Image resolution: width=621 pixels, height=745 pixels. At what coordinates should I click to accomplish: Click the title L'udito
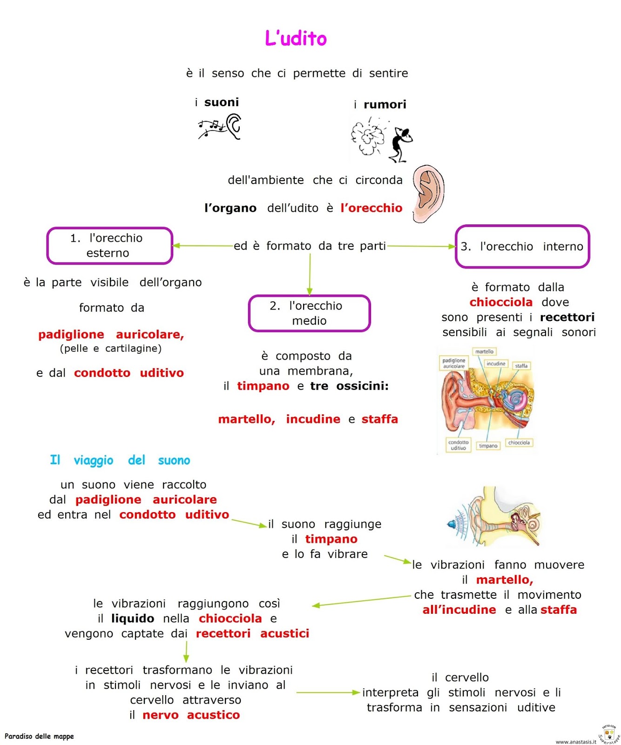pyautogui.click(x=296, y=38)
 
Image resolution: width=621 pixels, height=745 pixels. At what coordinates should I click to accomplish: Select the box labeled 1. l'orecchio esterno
pyautogui.click(x=109, y=245)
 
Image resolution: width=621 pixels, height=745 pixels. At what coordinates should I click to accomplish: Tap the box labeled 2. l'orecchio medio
pyautogui.click(x=309, y=313)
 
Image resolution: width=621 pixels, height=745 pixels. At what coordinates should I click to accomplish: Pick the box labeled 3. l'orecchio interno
pyautogui.click(x=522, y=246)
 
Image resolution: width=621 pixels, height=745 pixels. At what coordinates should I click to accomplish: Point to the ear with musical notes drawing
pyautogui.click(x=220, y=127)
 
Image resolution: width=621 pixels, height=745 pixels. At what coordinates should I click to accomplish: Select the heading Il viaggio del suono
pyautogui.click(x=120, y=460)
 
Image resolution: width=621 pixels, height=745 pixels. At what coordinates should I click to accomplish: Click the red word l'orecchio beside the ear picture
pyautogui.click(x=371, y=208)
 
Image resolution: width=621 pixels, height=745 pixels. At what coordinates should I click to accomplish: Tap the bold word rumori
pyautogui.click(x=385, y=104)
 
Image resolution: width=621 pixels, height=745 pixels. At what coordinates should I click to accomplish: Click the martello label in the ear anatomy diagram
pyautogui.click(x=484, y=352)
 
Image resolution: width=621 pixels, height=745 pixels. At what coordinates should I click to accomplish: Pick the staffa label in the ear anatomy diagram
pyautogui.click(x=521, y=366)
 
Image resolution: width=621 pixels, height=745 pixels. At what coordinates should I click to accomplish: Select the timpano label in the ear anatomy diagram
pyautogui.click(x=488, y=446)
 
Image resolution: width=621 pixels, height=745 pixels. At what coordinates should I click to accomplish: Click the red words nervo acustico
pyautogui.click(x=191, y=715)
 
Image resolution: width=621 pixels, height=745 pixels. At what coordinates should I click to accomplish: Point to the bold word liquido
pyautogui.click(x=133, y=618)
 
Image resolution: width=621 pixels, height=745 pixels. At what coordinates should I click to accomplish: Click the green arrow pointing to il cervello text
pyautogui.click(x=328, y=692)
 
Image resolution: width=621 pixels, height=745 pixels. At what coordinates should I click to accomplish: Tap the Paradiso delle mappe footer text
pyautogui.click(x=39, y=736)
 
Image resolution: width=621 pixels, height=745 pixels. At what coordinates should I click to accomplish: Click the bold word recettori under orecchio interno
pyautogui.click(x=567, y=317)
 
